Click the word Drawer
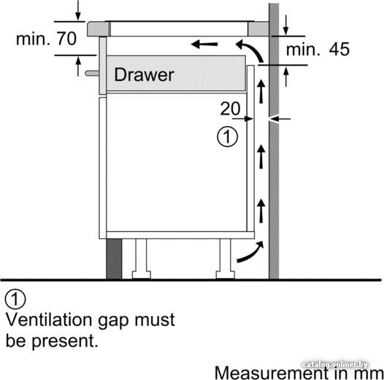(145, 74)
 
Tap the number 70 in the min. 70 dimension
(67, 39)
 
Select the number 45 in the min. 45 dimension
(339, 49)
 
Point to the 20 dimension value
(230, 109)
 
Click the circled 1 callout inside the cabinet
(227, 136)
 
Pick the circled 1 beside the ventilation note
(15, 299)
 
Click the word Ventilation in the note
(49, 319)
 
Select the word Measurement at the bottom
(272, 373)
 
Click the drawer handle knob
(92, 73)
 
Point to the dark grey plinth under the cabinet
(114, 259)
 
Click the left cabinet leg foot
(142, 275)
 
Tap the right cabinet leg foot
(226, 275)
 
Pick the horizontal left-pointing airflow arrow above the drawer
(204, 44)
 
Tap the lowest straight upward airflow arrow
(261, 211)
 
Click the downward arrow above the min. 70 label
(78, 10)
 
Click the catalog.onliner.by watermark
(335, 365)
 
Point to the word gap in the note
(113, 321)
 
